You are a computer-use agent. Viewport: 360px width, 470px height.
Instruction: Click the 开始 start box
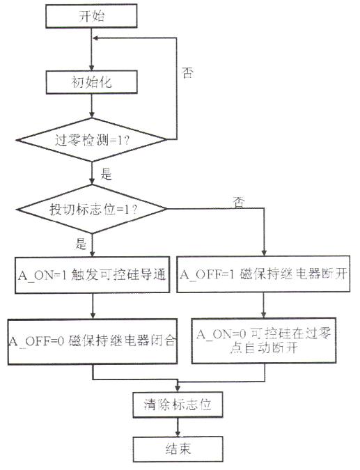pyautogui.click(x=91, y=16)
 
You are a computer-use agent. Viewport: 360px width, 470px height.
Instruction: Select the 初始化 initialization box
pyautogui.click(x=91, y=82)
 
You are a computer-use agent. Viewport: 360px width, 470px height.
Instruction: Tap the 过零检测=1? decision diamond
pyautogui.click(x=91, y=140)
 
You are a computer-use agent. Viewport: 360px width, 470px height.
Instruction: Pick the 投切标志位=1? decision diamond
pyautogui.click(x=91, y=209)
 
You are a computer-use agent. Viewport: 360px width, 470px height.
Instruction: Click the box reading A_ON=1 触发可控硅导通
pyautogui.click(x=92, y=274)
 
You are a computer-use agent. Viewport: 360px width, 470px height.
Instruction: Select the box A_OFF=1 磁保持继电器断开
pyautogui.click(x=263, y=274)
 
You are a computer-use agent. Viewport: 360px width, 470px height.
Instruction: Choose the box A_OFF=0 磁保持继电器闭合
pyautogui.click(x=93, y=341)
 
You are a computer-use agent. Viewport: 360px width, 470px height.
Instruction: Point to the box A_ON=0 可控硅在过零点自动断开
pyautogui.click(x=264, y=340)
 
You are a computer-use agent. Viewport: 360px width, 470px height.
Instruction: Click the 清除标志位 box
pyautogui.click(x=178, y=405)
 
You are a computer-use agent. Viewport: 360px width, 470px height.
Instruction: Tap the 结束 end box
pyautogui.click(x=178, y=449)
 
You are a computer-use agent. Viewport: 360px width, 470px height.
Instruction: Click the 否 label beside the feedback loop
pyautogui.click(x=187, y=73)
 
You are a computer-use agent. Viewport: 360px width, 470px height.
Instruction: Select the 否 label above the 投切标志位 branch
pyautogui.click(x=239, y=203)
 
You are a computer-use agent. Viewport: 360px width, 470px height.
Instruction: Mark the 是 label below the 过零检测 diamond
pyautogui.click(x=106, y=174)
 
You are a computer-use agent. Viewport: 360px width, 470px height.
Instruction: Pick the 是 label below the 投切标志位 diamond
pyautogui.click(x=81, y=244)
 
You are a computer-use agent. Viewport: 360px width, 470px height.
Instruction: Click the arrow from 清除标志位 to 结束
pyautogui.click(x=178, y=427)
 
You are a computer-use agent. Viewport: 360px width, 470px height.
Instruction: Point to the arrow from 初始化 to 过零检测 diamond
pyautogui.click(x=92, y=106)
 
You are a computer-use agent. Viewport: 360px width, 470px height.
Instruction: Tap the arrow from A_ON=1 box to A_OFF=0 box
pyautogui.click(x=93, y=306)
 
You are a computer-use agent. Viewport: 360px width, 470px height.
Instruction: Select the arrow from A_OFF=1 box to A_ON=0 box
pyautogui.click(x=263, y=305)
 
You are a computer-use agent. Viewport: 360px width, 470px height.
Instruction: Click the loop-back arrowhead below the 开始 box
pyautogui.click(x=95, y=38)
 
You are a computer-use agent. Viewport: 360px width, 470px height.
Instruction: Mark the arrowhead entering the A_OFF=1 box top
pyautogui.click(x=264, y=252)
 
